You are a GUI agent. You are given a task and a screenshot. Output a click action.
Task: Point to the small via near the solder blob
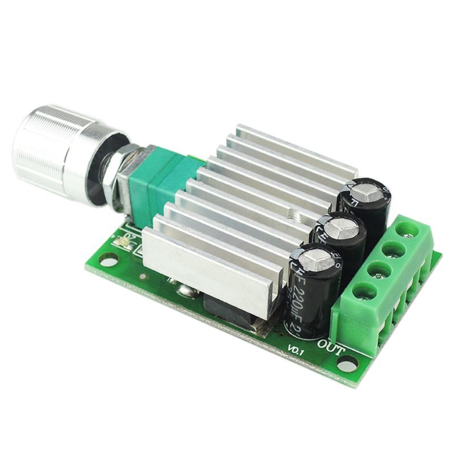(x=143, y=276)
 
